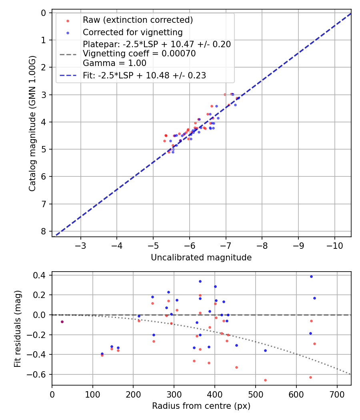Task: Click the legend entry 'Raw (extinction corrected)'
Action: (x=138, y=20)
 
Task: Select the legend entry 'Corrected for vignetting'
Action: (x=132, y=32)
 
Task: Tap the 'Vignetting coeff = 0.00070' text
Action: (x=139, y=54)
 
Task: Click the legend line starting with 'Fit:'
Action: (x=144, y=75)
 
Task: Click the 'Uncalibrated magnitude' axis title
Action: (x=201, y=258)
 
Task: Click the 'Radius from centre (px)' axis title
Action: (x=201, y=406)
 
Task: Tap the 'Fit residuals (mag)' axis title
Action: (x=17, y=329)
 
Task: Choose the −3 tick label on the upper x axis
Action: (x=81, y=245)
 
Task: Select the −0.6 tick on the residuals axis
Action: (x=39, y=374)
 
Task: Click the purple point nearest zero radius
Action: (x=62, y=322)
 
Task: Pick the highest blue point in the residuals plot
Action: (x=311, y=276)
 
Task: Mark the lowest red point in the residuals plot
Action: (x=265, y=380)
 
